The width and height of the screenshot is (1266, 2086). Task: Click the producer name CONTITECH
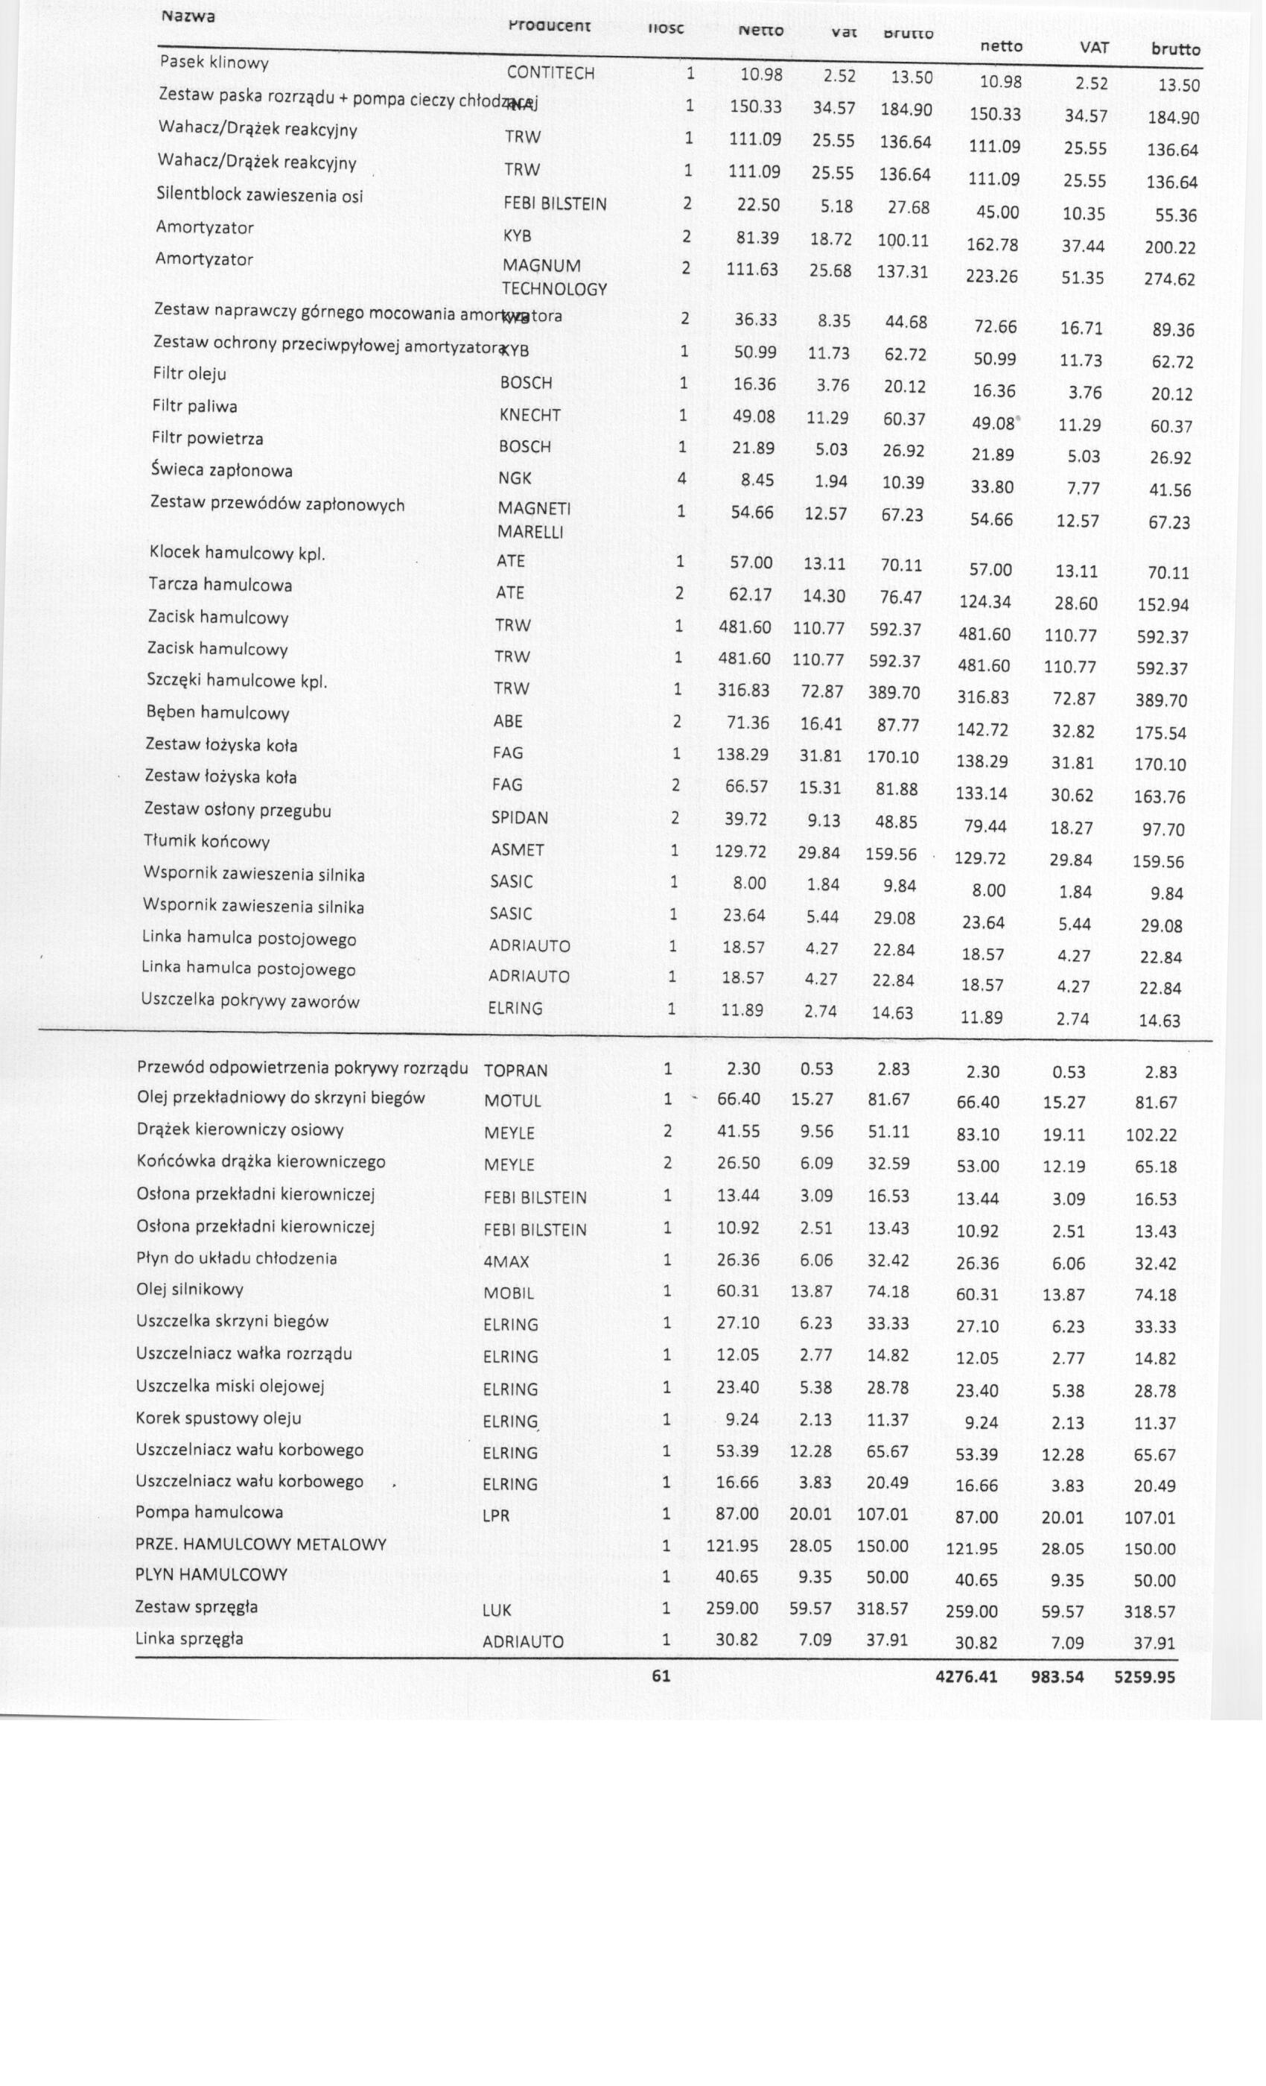click(x=550, y=73)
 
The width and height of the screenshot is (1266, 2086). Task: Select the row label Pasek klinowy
click(x=214, y=63)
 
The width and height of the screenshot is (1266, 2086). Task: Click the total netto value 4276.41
click(x=967, y=1676)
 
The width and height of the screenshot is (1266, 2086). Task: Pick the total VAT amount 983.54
click(x=1057, y=1676)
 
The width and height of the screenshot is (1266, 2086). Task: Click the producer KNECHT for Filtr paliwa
click(x=529, y=415)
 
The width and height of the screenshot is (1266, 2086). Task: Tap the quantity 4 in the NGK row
click(x=681, y=479)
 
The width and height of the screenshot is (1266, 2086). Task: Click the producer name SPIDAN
click(x=520, y=818)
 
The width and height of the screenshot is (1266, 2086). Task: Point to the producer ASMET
click(x=517, y=850)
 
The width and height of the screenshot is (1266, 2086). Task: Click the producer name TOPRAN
click(x=515, y=1070)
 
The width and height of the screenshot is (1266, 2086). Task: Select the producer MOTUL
click(x=512, y=1101)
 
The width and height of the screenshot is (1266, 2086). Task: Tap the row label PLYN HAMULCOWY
click(x=211, y=1575)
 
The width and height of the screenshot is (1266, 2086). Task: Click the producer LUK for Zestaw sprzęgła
click(x=497, y=1609)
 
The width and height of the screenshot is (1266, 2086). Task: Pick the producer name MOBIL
click(x=509, y=1293)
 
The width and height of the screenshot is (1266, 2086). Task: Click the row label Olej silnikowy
click(x=190, y=1290)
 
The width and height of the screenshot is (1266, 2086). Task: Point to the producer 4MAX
click(x=506, y=1261)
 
